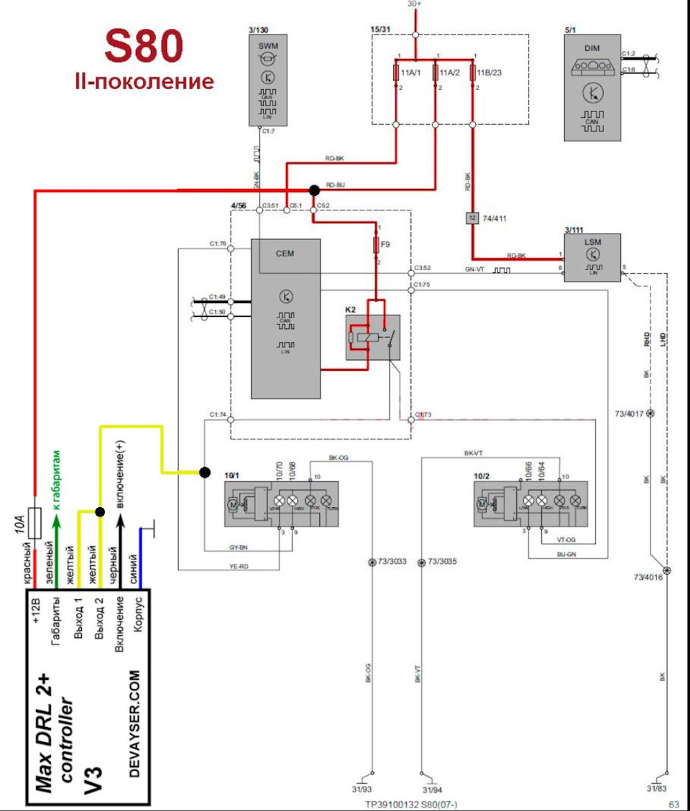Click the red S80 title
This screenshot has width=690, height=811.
coord(144,47)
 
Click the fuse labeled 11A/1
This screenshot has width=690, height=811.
coord(397,73)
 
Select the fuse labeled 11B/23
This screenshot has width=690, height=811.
coord(473,73)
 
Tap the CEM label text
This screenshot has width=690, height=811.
coord(285,253)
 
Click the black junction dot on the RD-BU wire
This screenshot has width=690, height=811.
coord(313,190)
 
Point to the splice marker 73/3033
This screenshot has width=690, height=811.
coord(372,562)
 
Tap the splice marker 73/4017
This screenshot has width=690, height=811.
coord(650,414)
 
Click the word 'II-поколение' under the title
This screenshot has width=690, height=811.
coord(144,81)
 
